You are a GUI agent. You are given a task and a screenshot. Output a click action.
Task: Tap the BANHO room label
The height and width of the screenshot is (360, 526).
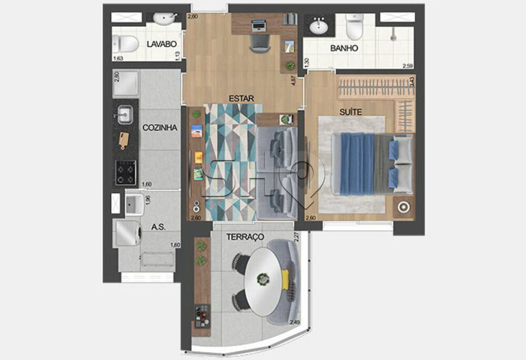pyautogui.click(x=344, y=48)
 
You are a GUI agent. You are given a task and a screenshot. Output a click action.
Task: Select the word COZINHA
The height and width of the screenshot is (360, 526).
pyautogui.click(x=159, y=128)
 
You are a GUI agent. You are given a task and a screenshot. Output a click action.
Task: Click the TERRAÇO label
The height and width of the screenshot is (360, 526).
pyautogui.click(x=245, y=238)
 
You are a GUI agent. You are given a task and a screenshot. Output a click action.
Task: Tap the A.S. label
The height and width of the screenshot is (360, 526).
pyautogui.click(x=159, y=227)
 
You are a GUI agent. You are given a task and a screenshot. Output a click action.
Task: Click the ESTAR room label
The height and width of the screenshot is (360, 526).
pyautogui.click(x=241, y=98)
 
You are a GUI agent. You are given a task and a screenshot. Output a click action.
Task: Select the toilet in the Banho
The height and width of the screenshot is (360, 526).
pyautogui.click(x=355, y=26)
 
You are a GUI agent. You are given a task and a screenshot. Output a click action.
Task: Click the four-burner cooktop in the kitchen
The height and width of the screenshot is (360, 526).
pyautogui.click(x=126, y=171)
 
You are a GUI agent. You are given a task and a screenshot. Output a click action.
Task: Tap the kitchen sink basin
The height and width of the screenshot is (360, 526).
pyautogui.click(x=125, y=114)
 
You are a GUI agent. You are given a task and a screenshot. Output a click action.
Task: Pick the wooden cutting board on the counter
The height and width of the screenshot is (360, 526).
pyautogui.click(x=124, y=140)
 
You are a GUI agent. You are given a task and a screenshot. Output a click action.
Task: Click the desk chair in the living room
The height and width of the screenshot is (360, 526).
pyautogui.click(x=259, y=42)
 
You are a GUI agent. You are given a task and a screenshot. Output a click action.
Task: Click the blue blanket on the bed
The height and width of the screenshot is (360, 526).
pyautogui.click(x=357, y=163)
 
